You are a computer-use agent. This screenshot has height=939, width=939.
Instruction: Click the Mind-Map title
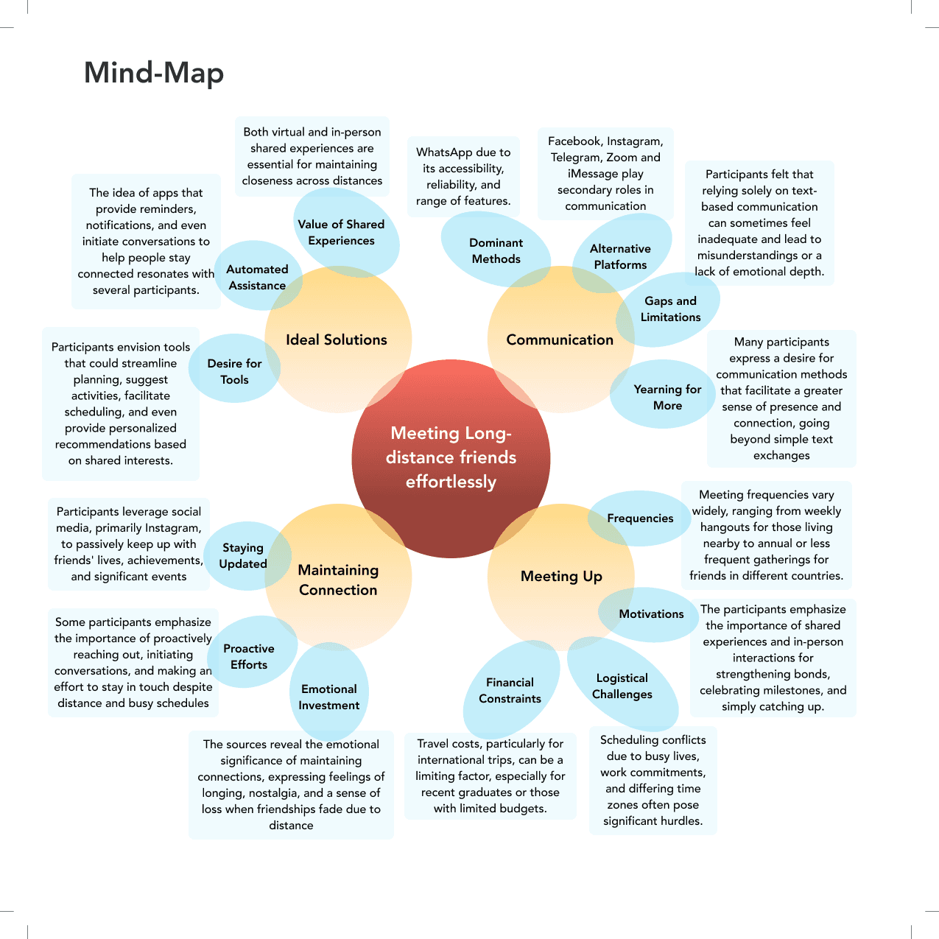tap(153, 73)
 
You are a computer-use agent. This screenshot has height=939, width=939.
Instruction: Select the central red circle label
tap(451, 457)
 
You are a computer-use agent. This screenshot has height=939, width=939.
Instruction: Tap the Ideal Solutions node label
tap(337, 340)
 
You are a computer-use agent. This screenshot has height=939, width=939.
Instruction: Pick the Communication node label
tap(560, 340)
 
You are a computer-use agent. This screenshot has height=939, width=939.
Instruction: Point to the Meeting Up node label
tap(561, 576)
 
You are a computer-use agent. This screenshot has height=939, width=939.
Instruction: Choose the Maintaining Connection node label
tap(338, 580)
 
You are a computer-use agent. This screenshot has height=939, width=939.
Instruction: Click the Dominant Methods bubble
tap(496, 251)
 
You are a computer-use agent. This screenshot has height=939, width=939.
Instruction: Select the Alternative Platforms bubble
tap(620, 257)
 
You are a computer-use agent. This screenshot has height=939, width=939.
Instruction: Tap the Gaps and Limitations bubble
tap(670, 309)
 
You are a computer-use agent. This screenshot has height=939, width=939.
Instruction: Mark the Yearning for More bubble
tap(667, 397)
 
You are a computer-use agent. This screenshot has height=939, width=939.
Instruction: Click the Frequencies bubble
tap(640, 518)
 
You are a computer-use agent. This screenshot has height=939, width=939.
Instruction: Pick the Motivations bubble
tap(651, 614)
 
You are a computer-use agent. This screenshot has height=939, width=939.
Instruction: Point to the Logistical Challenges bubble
tap(622, 686)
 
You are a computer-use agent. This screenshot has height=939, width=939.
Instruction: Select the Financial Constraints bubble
tap(510, 691)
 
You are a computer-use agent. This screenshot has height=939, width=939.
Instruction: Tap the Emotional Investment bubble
tap(329, 697)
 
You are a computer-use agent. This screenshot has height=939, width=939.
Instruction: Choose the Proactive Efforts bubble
tap(249, 657)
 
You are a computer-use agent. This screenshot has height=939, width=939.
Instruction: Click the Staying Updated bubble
tap(243, 556)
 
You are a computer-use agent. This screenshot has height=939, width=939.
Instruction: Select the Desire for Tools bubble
tap(234, 372)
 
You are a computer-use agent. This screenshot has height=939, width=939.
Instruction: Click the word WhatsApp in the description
tap(444, 152)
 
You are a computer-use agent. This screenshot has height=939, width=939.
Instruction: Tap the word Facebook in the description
tap(574, 141)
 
